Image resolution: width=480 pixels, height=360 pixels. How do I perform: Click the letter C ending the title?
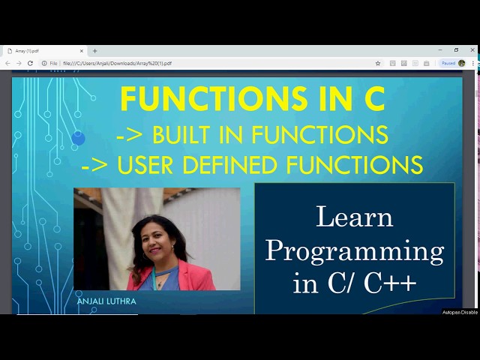[x=372, y=99]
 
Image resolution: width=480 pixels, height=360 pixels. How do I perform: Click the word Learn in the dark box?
[x=355, y=217]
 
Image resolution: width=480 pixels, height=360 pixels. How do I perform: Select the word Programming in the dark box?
[x=355, y=250]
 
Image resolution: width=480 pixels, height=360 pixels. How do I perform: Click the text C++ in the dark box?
[x=390, y=283]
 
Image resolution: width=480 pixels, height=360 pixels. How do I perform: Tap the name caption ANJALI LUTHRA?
[x=106, y=301]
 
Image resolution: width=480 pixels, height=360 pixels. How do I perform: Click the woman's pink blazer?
[x=187, y=277]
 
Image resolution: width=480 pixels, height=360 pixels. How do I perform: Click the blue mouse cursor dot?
[x=79, y=138]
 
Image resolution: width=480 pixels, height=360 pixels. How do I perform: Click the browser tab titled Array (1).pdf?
[x=37, y=51]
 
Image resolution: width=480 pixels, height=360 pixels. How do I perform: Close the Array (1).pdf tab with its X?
[x=82, y=51]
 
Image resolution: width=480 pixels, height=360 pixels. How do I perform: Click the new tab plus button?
[x=94, y=51]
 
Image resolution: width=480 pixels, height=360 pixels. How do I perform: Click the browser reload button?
[x=30, y=64]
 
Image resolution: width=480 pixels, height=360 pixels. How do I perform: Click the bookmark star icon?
[x=378, y=64]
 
